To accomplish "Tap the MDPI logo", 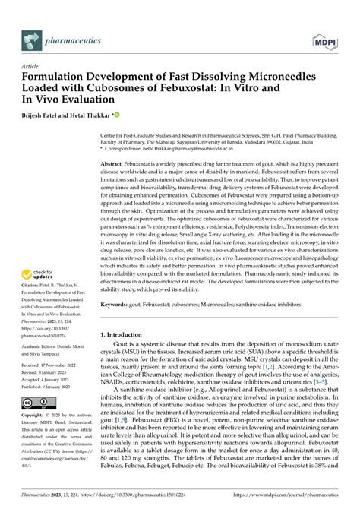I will [332, 36].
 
